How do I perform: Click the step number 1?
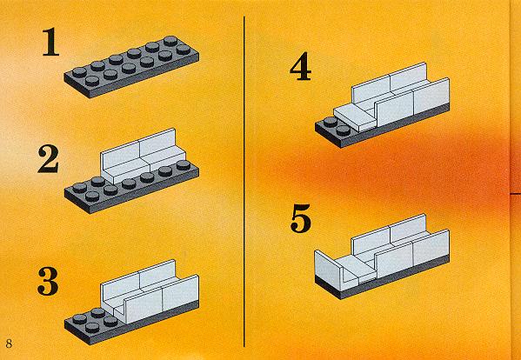click(x=50, y=42)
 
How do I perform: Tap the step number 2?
click(x=49, y=159)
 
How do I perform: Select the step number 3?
click(x=49, y=281)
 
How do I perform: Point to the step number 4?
click(x=301, y=70)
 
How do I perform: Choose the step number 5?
click(x=301, y=218)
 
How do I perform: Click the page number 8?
click(x=9, y=343)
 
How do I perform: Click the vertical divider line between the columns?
click(x=244, y=182)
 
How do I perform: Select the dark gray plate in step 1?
click(x=131, y=67)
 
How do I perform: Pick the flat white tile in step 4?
click(x=355, y=118)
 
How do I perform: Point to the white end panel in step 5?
click(x=329, y=270)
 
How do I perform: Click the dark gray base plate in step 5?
click(x=382, y=278)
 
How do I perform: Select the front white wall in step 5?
click(x=412, y=254)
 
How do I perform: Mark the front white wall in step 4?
click(x=412, y=103)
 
